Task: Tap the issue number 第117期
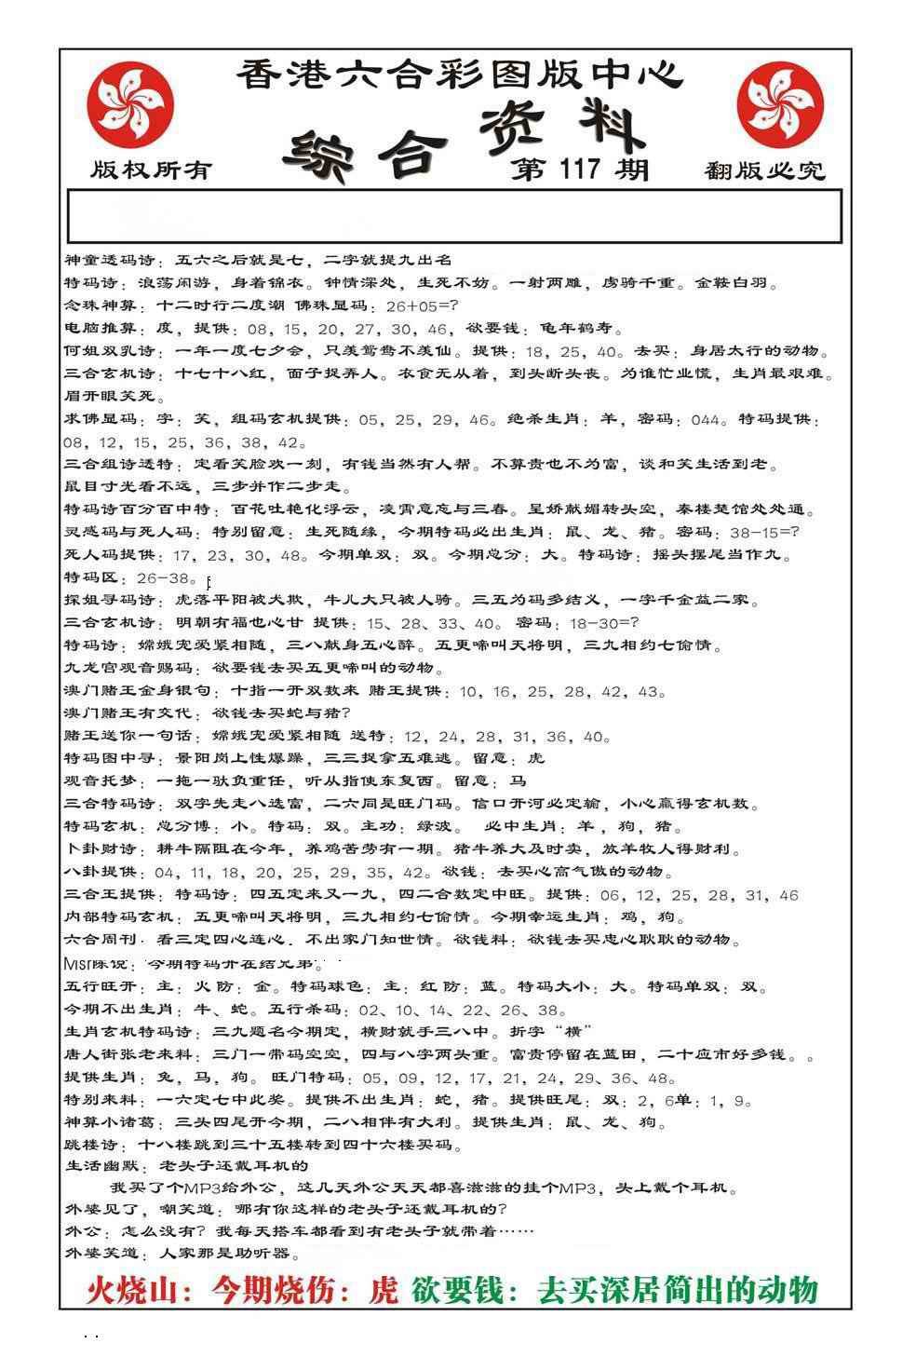pyautogui.click(x=579, y=169)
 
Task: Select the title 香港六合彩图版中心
pyautogui.click(x=460, y=75)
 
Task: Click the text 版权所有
pyautogui.click(x=151, y=170)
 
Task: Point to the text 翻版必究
pyautogui.click(x=765, y=170)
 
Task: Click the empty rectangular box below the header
pyautogui.click(x=454, y=216)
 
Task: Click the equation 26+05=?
pyautogui.click(x=421, y=306)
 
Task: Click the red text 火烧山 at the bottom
pyautogui.click(x=139, y=1290)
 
